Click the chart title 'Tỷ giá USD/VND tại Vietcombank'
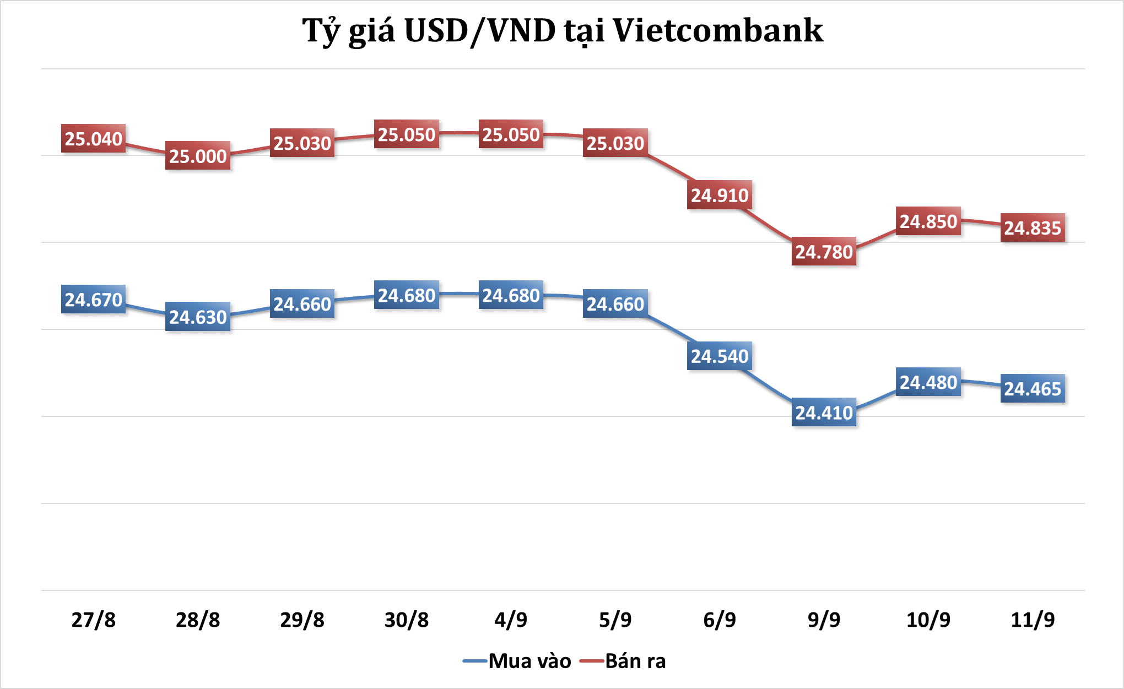[x=563, y=31]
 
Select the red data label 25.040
[x=93, y=139]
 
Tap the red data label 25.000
[x=198, y=156]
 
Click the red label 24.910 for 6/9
[x=720, y=195]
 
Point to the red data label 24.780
[x=824, y=252]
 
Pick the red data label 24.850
[x=928, y=221]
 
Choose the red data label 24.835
[x=1033, y=228]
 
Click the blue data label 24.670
[x=93, y=300]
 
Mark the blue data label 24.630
[x=198, y=317]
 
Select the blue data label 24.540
[x=720, y=356]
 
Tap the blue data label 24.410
[x=824, y=413]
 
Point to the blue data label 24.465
[x=1033, y=389]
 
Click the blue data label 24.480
[x=928, y=382]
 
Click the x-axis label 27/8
[x=93, y=620]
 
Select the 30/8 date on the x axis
[x=407, y=620]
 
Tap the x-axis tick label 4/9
[x=511, y=620]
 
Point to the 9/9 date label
[x=824, y=620]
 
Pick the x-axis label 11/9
[x=1033, y=620]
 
